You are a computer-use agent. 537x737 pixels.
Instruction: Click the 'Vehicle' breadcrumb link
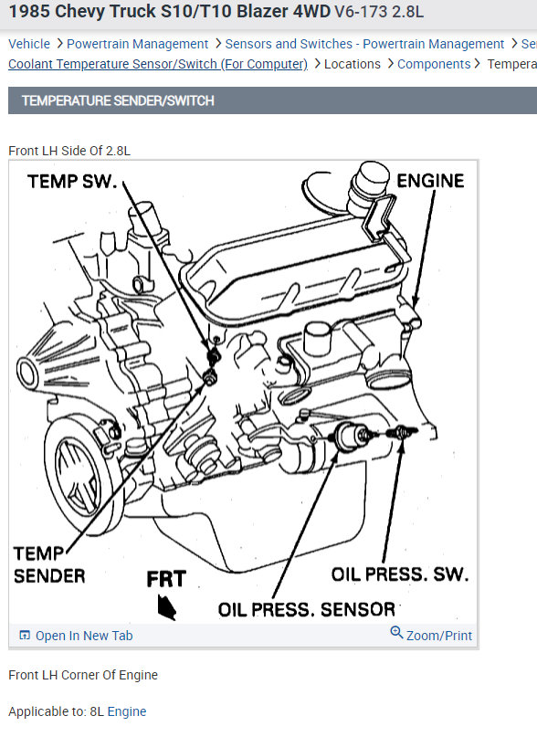29,44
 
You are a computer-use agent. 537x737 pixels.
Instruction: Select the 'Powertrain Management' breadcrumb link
137,44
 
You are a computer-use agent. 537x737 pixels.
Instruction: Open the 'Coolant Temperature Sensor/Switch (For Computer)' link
158,64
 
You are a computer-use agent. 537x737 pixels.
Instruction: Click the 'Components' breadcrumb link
434,64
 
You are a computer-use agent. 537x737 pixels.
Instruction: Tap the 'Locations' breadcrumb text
353,64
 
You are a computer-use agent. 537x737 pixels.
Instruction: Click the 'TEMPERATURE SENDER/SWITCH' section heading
118,100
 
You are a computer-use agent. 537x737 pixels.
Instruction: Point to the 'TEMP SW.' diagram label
72,182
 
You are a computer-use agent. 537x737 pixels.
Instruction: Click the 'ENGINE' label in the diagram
430,181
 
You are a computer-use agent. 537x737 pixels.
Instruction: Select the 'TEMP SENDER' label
49,564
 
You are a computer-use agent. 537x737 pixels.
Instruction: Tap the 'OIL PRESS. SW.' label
400,574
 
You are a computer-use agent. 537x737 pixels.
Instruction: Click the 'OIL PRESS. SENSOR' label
307,610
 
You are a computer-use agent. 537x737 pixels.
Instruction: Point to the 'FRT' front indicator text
166,579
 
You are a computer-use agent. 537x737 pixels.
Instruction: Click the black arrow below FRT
166,606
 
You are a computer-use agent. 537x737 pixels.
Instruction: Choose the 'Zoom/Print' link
439,636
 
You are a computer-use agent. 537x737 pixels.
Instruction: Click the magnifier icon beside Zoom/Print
396,633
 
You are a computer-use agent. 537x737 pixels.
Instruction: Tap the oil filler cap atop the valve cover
369,186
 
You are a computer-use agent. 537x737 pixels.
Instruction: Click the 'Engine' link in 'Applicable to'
127,711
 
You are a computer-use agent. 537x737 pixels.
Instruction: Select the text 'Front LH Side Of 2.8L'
69,151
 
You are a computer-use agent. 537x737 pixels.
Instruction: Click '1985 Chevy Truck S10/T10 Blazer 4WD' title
170,11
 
